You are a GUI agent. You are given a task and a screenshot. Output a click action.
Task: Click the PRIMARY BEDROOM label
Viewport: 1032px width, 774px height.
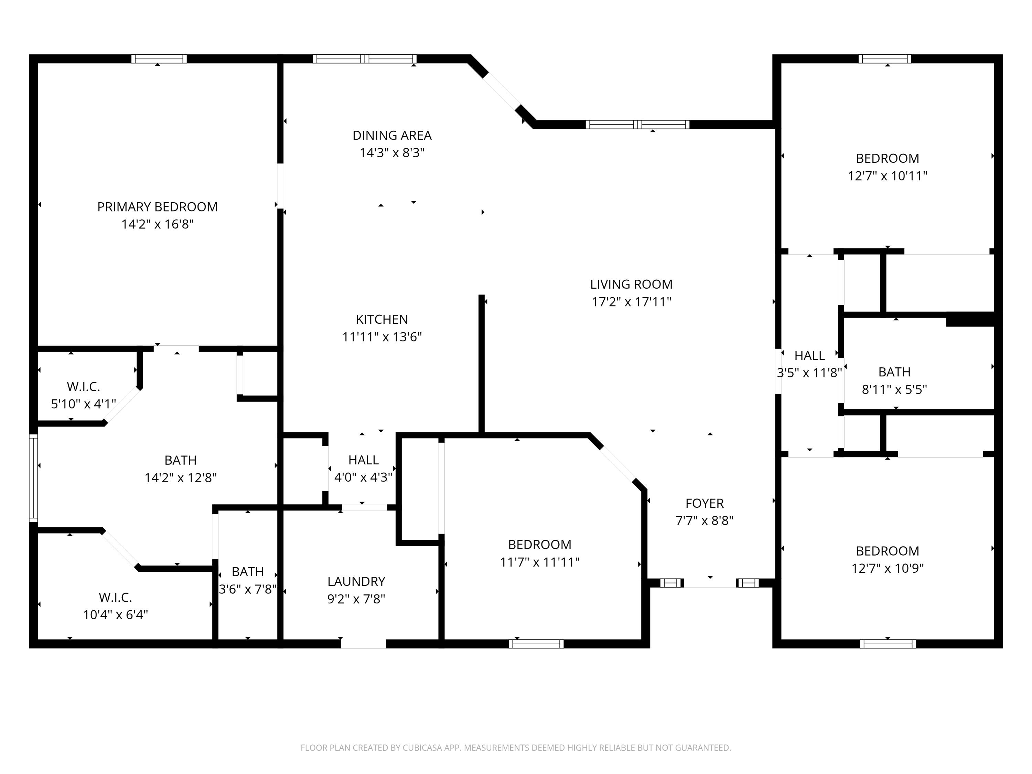point(157,207)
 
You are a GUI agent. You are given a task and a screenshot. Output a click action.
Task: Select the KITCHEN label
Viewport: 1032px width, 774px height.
point(381,319)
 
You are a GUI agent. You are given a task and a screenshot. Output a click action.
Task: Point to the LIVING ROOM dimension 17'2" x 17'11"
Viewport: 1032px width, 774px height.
point(631,302)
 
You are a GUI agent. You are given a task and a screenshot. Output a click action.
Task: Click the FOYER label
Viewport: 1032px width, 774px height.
point(705,503)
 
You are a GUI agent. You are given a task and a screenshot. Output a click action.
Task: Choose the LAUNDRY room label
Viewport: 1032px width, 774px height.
point(356,581)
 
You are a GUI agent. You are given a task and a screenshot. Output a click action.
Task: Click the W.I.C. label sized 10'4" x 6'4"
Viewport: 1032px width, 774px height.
point(115,597)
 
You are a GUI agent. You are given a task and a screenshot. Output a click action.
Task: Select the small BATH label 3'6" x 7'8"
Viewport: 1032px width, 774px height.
point(248,571)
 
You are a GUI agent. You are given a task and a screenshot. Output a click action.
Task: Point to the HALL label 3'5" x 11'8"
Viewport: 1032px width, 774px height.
point(809,355)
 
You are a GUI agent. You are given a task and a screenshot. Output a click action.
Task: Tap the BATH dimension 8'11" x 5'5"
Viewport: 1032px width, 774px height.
point(894,389)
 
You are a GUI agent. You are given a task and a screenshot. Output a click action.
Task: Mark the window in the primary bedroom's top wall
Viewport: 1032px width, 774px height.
point(159,59)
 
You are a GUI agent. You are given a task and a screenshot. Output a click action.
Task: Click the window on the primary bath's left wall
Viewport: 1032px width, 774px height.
point(33,478)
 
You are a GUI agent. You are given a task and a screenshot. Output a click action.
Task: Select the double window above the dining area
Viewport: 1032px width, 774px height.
point(364,59)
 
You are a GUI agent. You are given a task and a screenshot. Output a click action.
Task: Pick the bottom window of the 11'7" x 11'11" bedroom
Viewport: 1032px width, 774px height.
point(536,644)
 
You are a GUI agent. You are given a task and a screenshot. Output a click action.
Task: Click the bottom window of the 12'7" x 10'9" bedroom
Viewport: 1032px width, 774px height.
point(888,644)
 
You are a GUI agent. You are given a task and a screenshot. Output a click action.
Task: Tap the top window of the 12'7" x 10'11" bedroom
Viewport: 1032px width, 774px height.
point(884,59)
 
